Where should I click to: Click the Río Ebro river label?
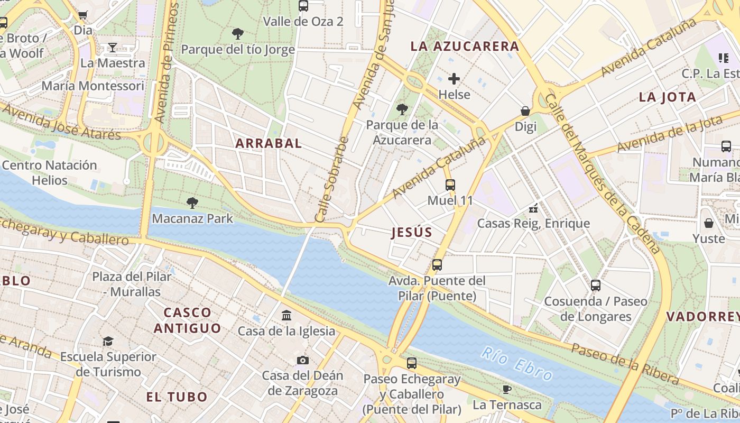(517, 363)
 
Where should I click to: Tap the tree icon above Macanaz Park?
(192, 203)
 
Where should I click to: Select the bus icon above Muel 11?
(450, 185)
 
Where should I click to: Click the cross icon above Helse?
(454, 79)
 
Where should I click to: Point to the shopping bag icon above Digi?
(525, 111)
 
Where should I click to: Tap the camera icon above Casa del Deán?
(302, 361)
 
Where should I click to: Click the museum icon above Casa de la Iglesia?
(286, 316)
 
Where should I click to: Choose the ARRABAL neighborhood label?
(269, 143)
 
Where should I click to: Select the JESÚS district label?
(412, 232)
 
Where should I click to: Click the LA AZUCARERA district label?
(465, 47)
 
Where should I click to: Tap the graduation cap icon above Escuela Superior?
(108, 341)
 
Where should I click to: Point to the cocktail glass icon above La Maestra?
(112, 48)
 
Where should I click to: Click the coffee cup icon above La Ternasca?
(507, 390)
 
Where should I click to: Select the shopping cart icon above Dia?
(82, 15)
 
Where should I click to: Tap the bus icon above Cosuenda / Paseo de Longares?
(596, 286)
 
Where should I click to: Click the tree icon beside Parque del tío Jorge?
(238, 34)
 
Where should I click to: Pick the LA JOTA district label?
(667, 97)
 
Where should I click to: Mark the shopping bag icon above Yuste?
(708, 223)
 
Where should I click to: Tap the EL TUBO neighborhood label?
(177, 397)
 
